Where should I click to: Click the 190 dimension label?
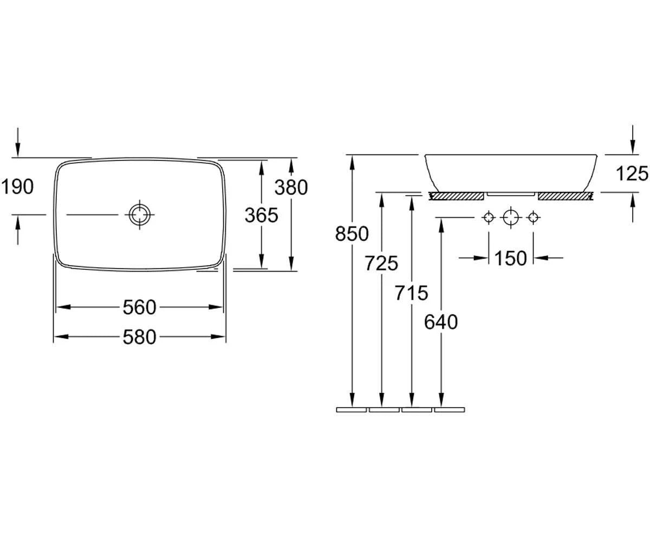click(17, 187)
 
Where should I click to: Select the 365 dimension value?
click(261, 215)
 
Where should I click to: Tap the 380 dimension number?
click(291, 188)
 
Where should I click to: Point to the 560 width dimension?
click(139, 307)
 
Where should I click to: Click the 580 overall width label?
click(139, 337)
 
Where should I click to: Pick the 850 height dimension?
click(352, 234)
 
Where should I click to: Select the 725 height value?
click(382, 263)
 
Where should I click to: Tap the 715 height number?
click(412, 293)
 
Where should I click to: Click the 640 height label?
click(441, 322)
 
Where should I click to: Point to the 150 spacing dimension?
click(511, 258)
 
